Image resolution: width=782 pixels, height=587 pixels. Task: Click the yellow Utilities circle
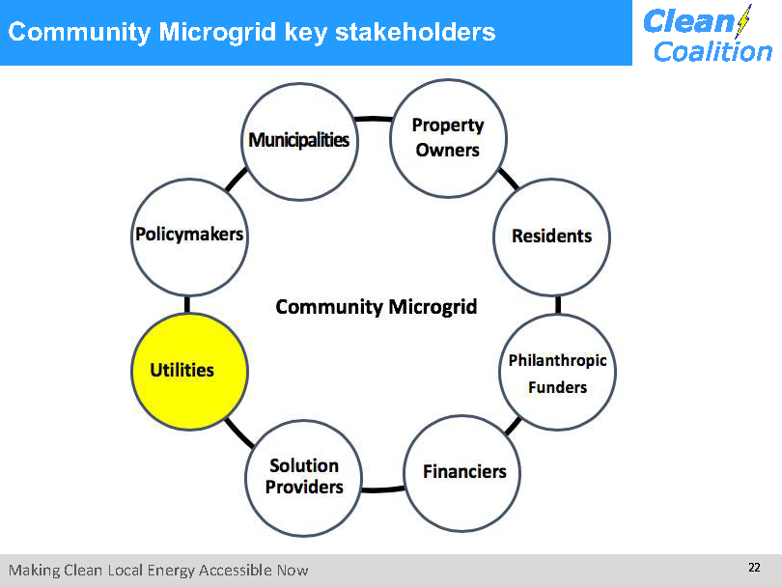189,372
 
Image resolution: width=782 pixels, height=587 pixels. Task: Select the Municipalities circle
299,142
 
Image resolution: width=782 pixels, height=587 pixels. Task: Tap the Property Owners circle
448,138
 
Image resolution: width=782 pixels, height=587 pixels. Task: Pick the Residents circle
551,238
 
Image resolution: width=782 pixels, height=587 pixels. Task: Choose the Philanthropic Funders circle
558,372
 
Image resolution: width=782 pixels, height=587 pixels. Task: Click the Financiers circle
462,473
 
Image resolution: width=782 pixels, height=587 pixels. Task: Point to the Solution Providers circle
304,478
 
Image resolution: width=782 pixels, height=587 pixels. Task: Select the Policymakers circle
189,238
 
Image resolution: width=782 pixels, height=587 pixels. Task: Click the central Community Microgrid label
377,307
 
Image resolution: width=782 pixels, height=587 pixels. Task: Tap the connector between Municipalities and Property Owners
374,119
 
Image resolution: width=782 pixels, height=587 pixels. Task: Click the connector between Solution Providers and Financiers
383,489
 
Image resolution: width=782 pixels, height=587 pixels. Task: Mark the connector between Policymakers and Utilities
187,305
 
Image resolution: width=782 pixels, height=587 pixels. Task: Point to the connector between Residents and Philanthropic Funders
558,305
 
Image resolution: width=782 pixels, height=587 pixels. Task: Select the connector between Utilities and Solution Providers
238,433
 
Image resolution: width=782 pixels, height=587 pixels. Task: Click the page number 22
754,567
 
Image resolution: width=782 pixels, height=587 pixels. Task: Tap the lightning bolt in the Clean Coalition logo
743,21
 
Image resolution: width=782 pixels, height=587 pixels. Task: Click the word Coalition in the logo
712,52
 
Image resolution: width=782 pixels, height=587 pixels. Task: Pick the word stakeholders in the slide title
415,32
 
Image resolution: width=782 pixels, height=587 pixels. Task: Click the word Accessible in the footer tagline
236,570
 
